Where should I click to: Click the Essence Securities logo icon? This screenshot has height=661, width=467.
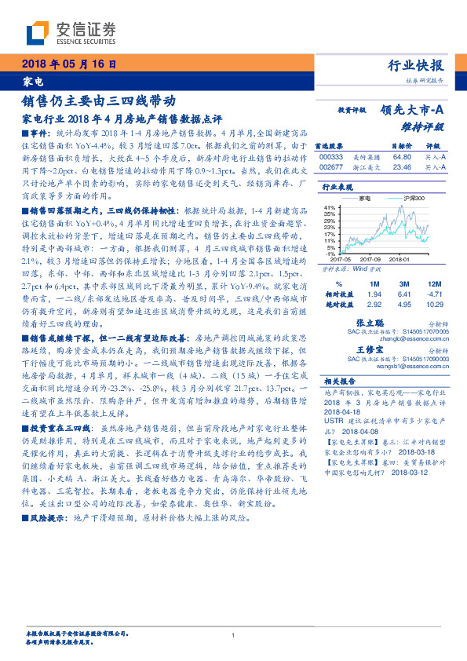click(x=37, y=32)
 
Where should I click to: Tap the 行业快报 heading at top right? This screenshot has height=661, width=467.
click(x=418, y=66)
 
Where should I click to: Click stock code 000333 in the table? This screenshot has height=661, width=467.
click(x=331, y=156)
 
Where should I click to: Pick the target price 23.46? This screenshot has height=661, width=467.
click(x=401, y=166)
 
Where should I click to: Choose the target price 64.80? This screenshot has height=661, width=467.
click(x=401, y=156)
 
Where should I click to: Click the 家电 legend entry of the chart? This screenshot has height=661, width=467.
click(x=364, y=199)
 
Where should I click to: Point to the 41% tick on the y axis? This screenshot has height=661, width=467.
click(x=330, y=206)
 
